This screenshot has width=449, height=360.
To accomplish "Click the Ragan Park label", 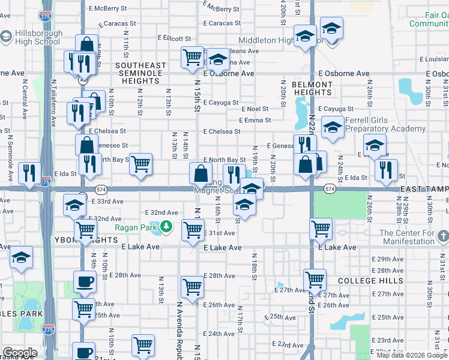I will [x=136, y=227].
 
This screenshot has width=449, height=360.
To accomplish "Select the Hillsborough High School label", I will [x=31, y=37].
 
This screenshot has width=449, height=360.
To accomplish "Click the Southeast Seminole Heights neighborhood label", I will [x=140, y=73].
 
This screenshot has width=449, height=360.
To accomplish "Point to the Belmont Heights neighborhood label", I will [x=312, y=88].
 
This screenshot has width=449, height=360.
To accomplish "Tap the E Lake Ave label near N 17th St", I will [x=223, y=247].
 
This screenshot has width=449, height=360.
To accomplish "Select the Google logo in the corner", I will [x=20, y=353].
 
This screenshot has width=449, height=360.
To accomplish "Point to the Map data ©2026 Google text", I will [x=412, y=355].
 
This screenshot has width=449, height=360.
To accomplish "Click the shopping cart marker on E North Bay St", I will [x=140, y=163].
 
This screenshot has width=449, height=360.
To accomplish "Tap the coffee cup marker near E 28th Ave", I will [x=85, y=281].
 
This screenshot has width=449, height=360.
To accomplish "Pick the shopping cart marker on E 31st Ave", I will [x=193, y=229].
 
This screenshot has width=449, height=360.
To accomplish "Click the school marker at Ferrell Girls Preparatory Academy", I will [x=332, y=126].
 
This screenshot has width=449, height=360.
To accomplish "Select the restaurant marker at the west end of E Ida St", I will [x=29, y=172].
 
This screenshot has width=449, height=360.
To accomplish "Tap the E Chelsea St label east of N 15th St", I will [x=221, y=131].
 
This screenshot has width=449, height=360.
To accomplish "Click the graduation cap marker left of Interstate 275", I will [x=22, y=257].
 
